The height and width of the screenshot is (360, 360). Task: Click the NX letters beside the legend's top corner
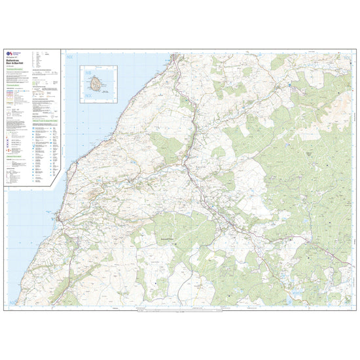pos(70,58)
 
